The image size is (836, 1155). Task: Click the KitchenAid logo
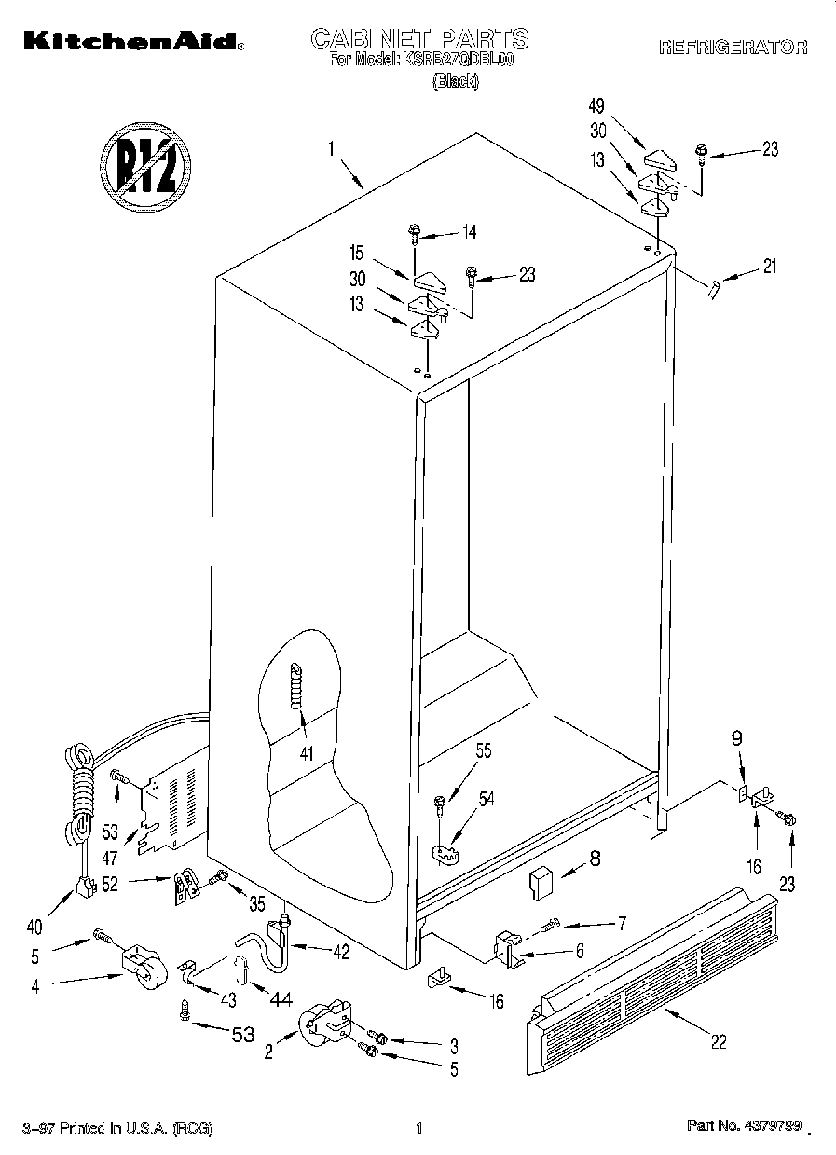(x=131, y=40)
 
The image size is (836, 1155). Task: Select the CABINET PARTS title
(x=418, y=39)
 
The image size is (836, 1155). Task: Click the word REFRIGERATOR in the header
(x=733, y=48)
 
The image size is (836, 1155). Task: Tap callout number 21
(x=768, y=268)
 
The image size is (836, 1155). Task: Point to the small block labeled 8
(x=541, y=881)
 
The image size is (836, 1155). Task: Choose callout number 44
(x=281, y=999)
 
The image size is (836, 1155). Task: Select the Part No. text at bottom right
(x=743, y=1128)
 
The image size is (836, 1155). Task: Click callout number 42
(x=340, y=952)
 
